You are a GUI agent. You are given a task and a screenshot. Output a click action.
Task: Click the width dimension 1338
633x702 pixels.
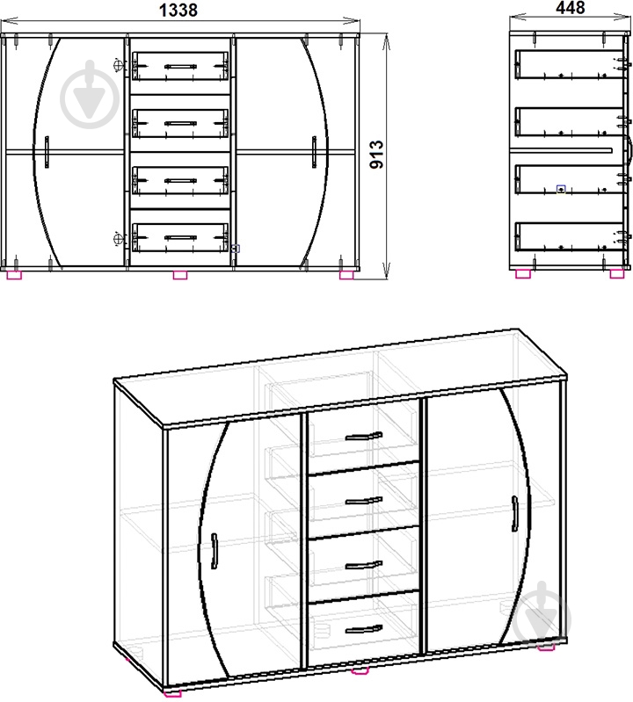point(179,10)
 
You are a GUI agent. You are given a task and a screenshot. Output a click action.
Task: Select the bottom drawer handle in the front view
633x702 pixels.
point(180,236)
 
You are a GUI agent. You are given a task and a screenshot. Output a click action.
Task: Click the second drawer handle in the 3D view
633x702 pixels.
point(363,500)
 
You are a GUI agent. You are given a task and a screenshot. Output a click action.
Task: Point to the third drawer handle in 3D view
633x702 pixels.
point(363,565)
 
